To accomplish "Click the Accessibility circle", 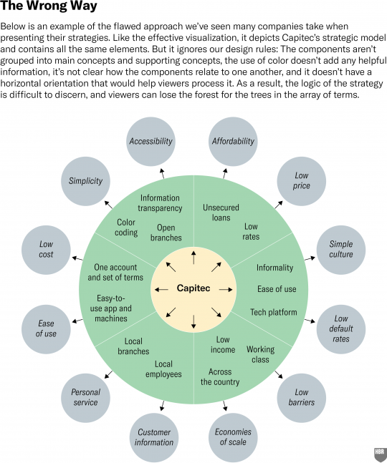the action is (150, 142).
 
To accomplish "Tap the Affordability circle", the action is (233, 142).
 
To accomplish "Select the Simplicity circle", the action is (85, 181).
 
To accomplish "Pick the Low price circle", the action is (302, 181).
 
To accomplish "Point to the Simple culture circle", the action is (341, 250).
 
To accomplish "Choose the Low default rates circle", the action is (341, 329).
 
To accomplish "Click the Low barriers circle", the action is (302, 398).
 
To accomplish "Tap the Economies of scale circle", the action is (233, 437).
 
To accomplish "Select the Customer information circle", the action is (154, 438).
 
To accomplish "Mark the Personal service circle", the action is (85, 398).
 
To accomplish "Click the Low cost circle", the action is (46, 250).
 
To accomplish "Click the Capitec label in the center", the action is (193, 288).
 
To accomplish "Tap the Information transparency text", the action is (160, 203).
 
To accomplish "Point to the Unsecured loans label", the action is (221, 213).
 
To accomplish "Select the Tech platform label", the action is (274, 312).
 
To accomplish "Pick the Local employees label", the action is (163, 369).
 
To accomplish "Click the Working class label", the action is (260, 354).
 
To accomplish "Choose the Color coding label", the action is (126, 228).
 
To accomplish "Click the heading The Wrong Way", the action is (49, 6).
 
